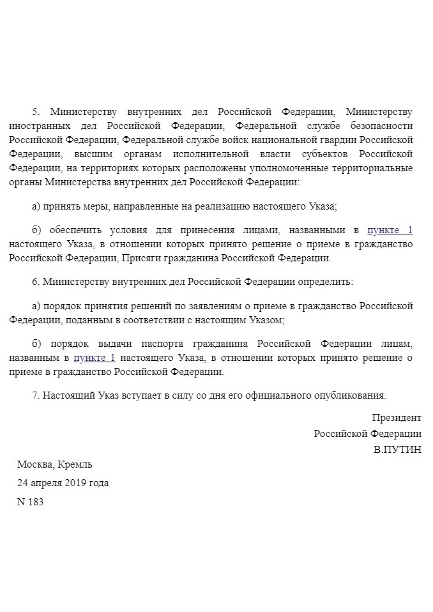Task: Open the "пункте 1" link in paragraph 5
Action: click(x=390, y=230)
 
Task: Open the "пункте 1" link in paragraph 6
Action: click(x=95, y=358)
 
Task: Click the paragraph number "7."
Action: click(x=36, y=395)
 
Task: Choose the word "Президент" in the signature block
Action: click(x=397, y=418)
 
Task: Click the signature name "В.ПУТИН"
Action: click(x=397, y=449)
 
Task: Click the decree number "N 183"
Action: click(x=30, y=501)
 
